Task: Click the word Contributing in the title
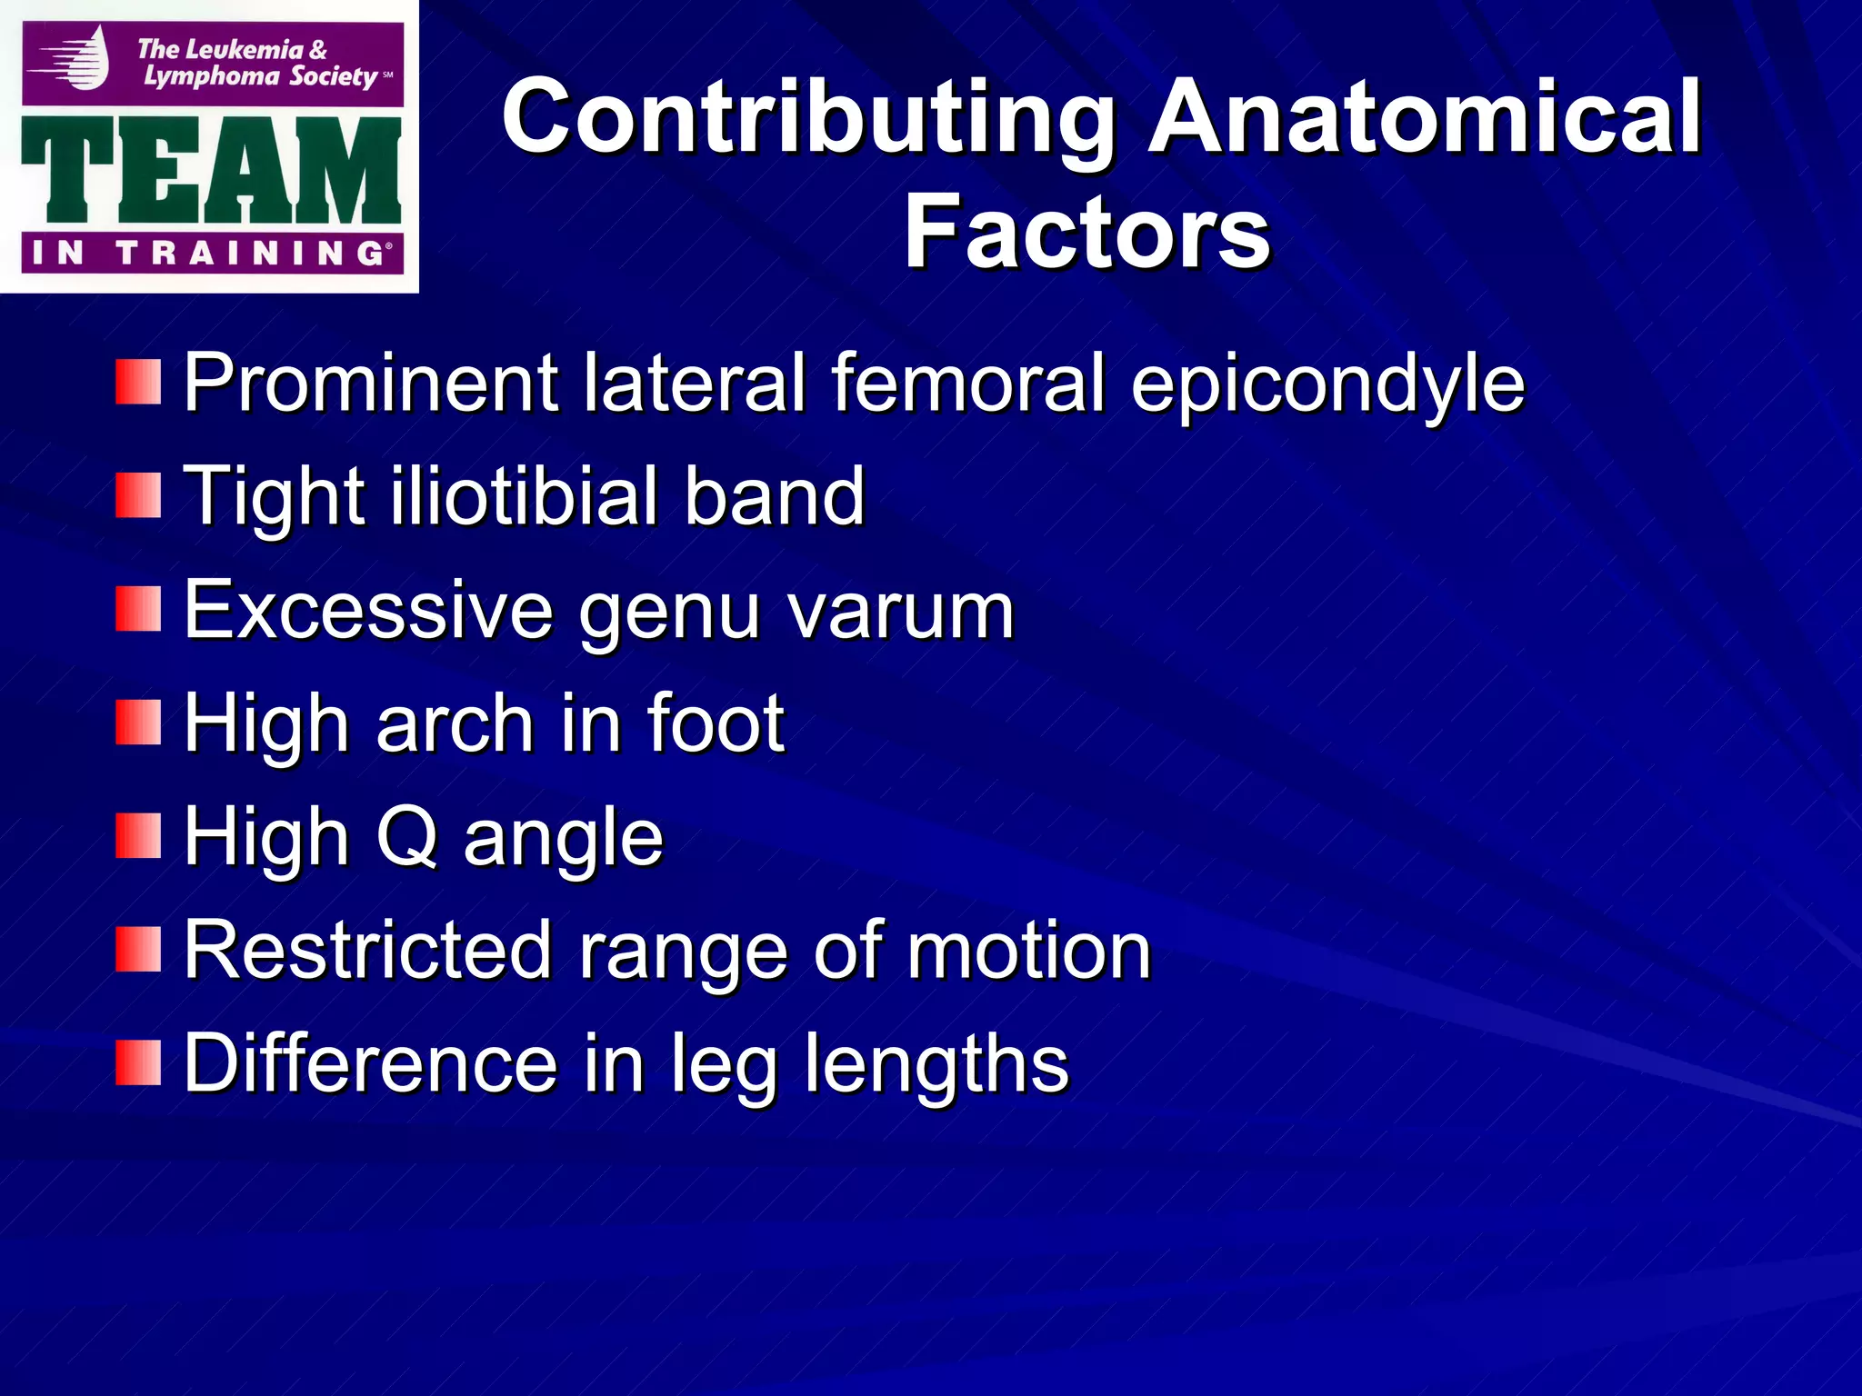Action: pyautogui.click(x=807, y=118)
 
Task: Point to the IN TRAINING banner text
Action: pyautogui.click(x=209, y=254)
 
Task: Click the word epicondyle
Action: pyautogui.click(x=1327, y=384)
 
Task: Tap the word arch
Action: pyautogui.click(x=454, y=723)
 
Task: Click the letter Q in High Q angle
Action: pyautogui.click(x=408, y=837)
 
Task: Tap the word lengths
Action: pyautogui.click(x=936, y=1065)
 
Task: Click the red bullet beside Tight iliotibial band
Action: pyautogui.click(x=138, y=496)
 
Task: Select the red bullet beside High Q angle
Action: pyautogui.click(x=138, y=836)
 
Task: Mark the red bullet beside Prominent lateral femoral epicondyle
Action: pyautogui.click(x=138, y=382)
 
